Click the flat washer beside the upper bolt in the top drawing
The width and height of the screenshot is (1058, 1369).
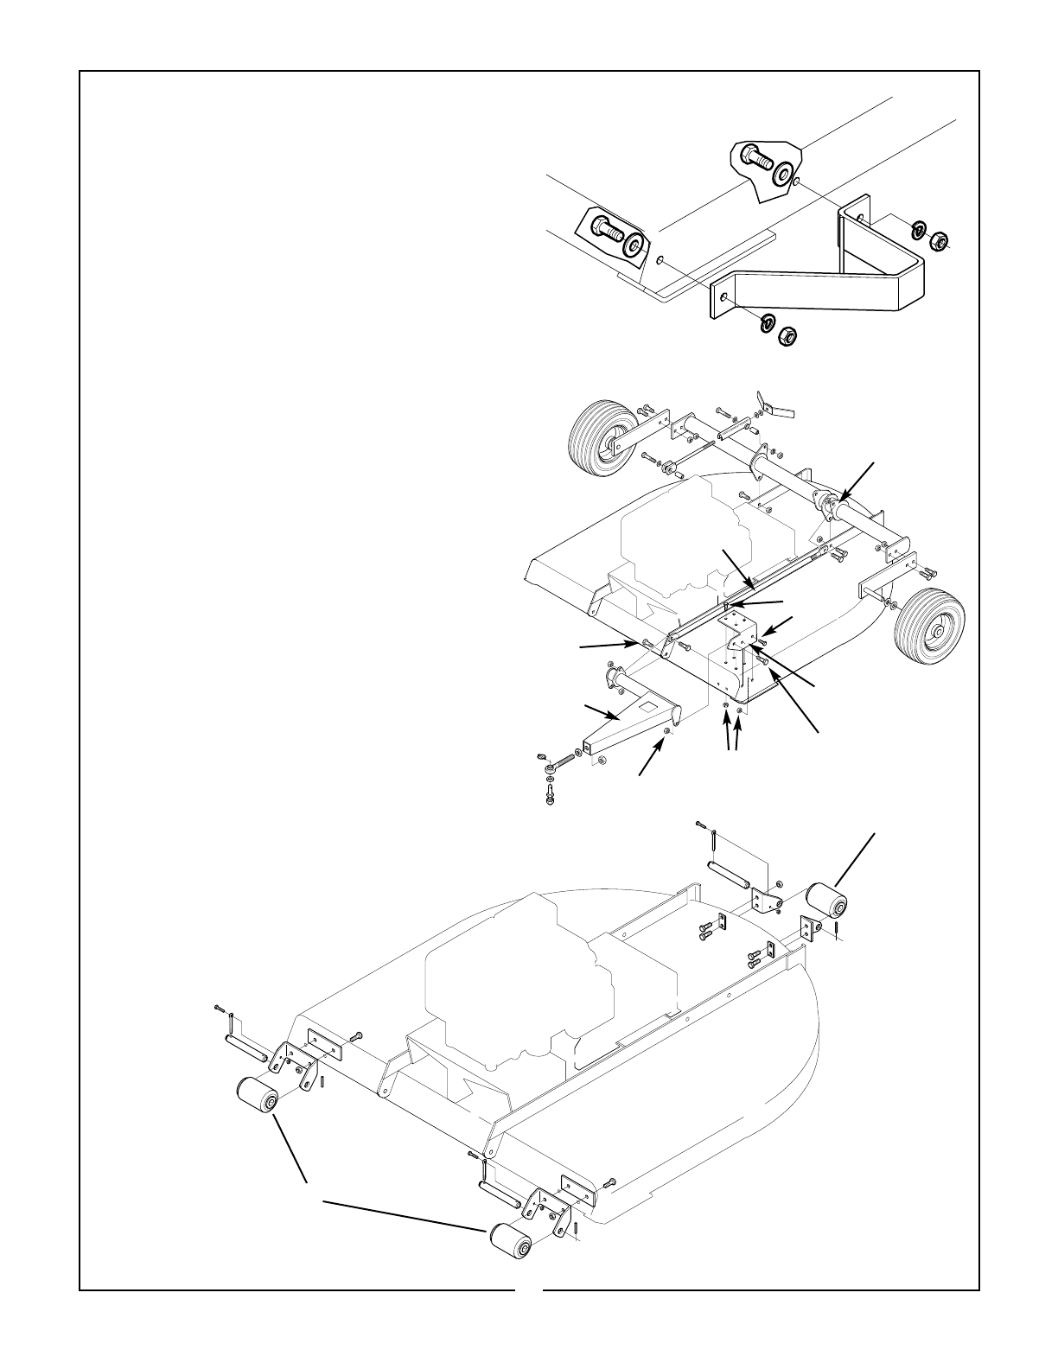pyautogui.click(x=785, y=173)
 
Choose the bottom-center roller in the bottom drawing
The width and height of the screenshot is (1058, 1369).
pyautogui.click(x=509, y=1243)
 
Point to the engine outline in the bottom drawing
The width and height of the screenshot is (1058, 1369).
pyautogui.click(x=519, y=977)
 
